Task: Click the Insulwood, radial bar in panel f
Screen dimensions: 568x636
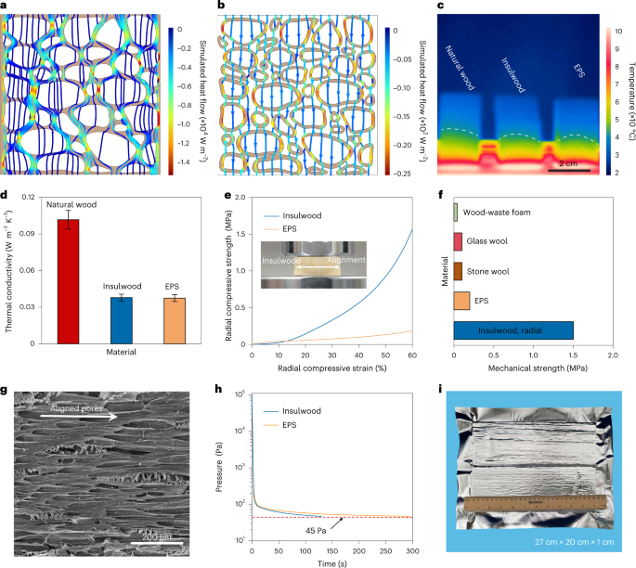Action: pyautogui.click(x=513, y=330)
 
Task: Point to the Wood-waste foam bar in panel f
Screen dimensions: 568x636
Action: pyautogui.click(x=455, y=212)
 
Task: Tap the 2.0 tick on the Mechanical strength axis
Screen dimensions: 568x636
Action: pyautogui.click(x=612, y=355)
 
